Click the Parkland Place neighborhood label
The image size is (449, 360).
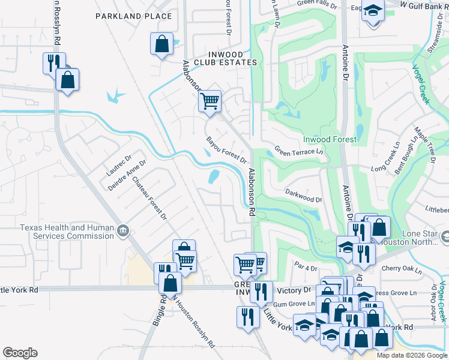133,16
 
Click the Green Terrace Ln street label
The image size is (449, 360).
299,152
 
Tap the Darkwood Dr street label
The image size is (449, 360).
303,196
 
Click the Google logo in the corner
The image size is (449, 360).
20,353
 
